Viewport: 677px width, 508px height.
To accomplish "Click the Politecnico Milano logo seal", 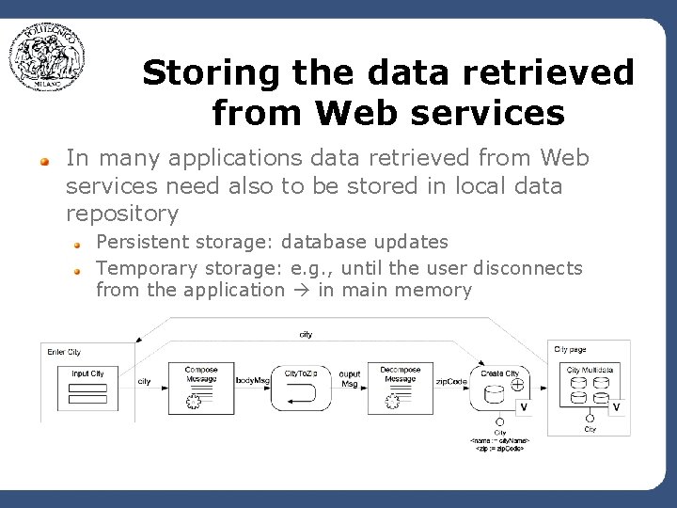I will pos(47,56).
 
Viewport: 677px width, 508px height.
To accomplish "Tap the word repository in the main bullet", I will pos(122,214).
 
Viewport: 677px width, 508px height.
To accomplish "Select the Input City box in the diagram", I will pos(88,386).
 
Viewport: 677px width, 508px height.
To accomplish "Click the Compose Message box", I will pos(200,387).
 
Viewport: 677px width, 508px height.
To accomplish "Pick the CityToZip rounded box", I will pos(301,387).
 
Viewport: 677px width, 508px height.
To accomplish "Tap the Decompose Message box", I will pos(400,387).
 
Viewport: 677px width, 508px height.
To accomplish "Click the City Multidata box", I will pos(590,387).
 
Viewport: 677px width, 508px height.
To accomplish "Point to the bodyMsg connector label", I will pos(252,381).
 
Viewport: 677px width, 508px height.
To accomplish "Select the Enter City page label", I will pos(64,352).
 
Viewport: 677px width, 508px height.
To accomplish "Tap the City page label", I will pos(571,349).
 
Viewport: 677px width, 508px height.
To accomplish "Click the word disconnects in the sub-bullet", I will pos(527,268).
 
